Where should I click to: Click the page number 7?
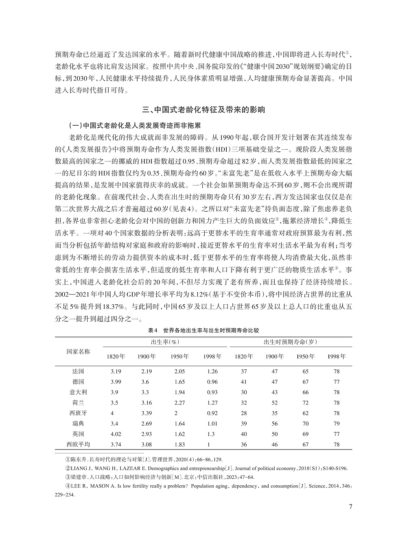point(350,507)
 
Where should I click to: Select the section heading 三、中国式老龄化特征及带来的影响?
point(203,109)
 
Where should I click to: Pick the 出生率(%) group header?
point(165,342)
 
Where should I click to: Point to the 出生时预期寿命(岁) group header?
point(290,342)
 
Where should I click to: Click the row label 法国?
point(78,371)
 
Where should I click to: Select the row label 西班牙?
point(78,413)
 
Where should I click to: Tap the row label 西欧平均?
point(78,445)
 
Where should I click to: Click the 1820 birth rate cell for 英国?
point(116,434)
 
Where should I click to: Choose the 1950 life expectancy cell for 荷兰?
point(305,403)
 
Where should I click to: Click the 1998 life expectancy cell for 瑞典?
point(336,424)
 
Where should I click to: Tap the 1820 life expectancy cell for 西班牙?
point(244,413)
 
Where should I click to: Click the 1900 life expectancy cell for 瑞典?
point(274,424)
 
